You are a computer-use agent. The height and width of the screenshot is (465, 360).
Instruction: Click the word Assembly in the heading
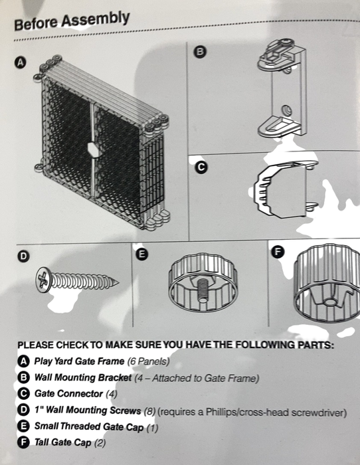95,19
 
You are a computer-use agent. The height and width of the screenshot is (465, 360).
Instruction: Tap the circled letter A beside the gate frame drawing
20,62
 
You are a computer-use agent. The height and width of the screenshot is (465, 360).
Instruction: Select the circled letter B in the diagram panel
200,52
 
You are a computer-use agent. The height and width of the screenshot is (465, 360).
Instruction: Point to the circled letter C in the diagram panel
201,167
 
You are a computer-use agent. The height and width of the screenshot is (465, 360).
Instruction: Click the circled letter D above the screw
23,256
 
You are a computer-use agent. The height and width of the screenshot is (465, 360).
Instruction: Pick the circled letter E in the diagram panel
141,254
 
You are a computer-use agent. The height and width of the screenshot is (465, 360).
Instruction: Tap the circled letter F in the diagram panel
278,252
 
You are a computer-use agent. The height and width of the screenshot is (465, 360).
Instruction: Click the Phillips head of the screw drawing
43,280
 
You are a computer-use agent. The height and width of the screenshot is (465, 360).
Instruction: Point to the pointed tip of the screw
118,282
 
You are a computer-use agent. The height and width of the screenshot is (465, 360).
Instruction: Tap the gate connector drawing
285,189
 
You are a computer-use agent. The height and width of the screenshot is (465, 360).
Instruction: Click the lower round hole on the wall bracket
287,111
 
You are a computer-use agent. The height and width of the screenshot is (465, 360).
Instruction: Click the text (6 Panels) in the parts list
148,361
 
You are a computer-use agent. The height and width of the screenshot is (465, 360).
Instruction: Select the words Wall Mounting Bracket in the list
83,377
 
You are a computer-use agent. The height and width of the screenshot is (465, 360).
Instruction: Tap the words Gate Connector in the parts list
69,393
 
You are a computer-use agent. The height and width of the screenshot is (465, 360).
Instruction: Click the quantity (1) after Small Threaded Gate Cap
152,427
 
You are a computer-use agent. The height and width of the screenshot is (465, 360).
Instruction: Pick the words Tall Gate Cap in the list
63,442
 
